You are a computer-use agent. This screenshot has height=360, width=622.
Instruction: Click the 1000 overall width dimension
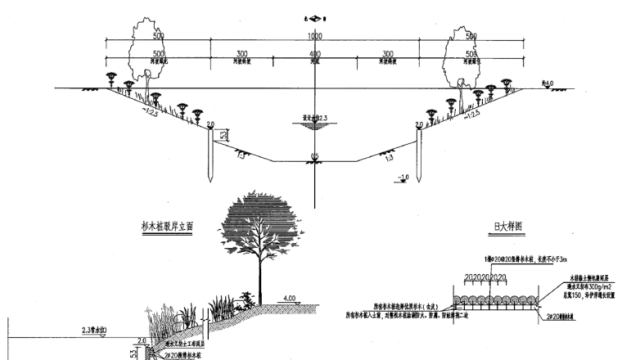pos(315,37)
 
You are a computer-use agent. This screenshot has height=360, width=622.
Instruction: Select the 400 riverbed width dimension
pos(315,54)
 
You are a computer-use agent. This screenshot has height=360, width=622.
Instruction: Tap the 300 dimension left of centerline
pos(241,54)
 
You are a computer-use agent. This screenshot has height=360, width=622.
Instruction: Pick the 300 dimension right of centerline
pos(388,54)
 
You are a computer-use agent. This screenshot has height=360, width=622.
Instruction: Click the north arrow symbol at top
pos(315,16)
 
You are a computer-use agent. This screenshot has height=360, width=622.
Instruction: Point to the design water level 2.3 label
pos(315,117)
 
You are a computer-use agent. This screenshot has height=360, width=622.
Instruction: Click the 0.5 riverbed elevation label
pos(315,155)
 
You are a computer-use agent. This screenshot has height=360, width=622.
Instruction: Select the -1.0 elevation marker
pos(403,178)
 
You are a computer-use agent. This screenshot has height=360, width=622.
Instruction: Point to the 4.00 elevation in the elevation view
pos(289,298)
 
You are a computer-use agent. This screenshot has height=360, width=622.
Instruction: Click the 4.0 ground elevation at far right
pos(548,83)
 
